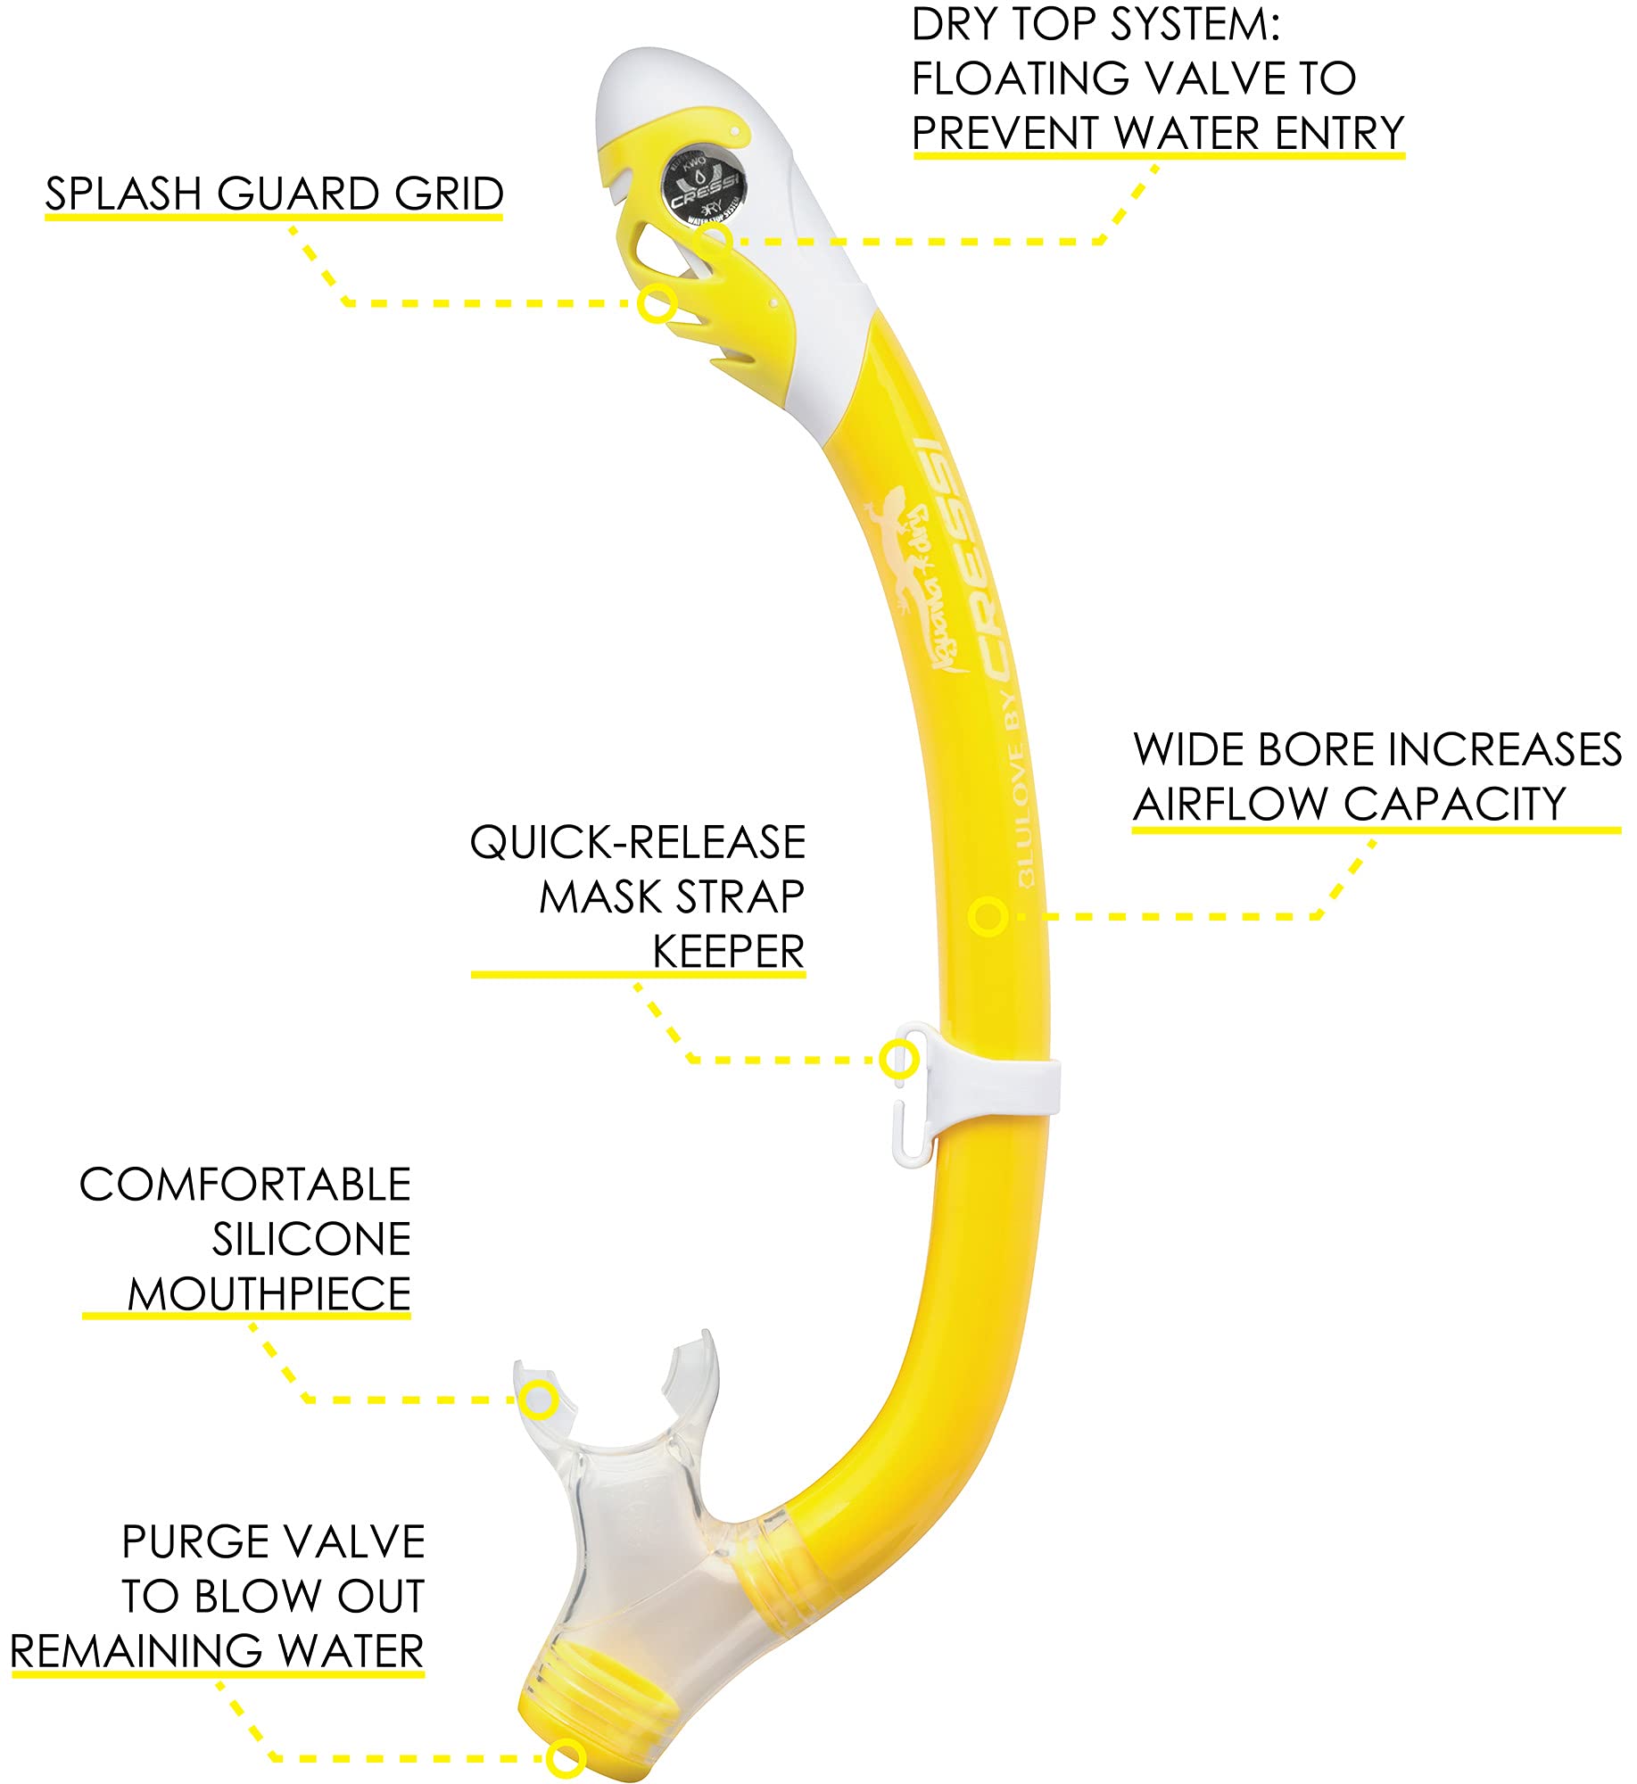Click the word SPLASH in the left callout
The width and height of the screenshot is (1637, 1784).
coord(123,194)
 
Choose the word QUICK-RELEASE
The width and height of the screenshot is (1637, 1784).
coord(637,843)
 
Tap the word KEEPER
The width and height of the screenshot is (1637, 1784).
coord(728,952)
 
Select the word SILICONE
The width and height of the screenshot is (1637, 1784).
coord(311,1239)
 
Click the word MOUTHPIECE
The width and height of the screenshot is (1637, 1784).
coord(269,1294)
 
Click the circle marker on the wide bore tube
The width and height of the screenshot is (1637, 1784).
coord(988,916)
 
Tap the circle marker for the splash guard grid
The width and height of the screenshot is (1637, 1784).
coord(657,303)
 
